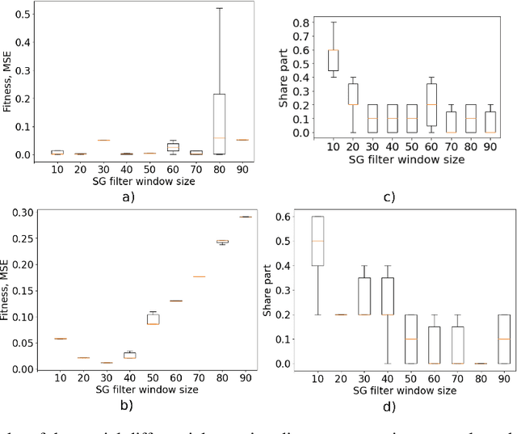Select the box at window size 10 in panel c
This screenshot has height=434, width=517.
click(x=331, y=61)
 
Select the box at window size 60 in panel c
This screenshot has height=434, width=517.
click(x=431, y=105)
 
